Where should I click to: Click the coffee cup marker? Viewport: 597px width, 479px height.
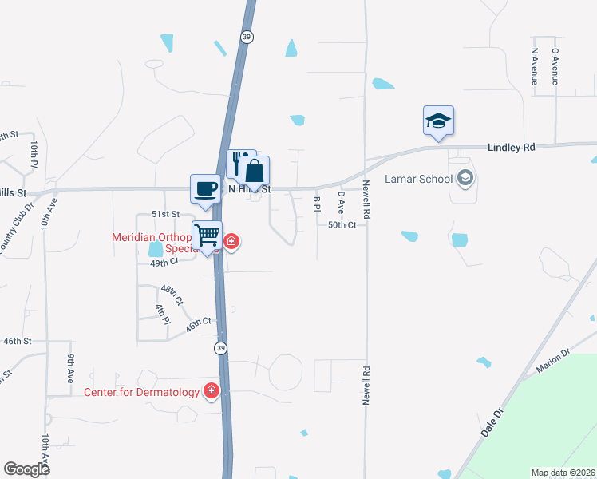coord(206,188)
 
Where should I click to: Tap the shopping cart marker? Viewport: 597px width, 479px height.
coord(208,236)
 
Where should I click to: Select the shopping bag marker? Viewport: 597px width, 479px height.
coord(255,170)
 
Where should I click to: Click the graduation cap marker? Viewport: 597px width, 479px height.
coord(438,121)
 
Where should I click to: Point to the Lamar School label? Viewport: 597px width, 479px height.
coord(418,179)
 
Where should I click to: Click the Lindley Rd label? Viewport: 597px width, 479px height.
coord(511,148)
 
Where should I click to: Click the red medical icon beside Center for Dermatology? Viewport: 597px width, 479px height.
coord(212,390)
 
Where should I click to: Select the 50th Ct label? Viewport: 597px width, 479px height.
coord(346,225)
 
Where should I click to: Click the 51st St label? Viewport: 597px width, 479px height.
coord(166,215)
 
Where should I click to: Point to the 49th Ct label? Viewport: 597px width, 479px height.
coord(163,262)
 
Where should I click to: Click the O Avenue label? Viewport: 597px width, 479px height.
coord(555,66)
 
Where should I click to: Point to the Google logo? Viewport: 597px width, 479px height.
coord(27,469)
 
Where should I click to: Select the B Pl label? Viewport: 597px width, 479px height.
coord(317,204)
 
